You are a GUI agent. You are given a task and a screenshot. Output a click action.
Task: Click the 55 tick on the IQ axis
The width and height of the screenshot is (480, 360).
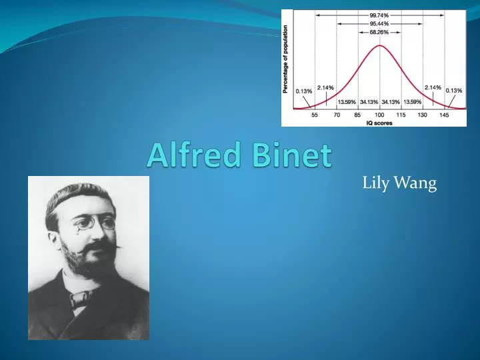[315, 115]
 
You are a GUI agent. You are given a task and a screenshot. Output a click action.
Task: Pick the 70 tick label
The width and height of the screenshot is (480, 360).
[337, 115]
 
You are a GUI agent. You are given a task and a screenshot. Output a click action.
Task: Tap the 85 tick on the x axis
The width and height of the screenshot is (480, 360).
[357, 115]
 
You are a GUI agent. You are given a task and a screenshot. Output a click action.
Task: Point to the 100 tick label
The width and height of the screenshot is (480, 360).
[379, 115]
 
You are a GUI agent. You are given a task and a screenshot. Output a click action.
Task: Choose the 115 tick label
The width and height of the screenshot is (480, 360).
[401, 115]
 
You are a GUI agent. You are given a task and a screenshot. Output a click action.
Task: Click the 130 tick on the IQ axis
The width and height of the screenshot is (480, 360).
[422, 115]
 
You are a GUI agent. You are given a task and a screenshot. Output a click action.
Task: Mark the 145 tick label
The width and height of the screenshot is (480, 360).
[444, 115]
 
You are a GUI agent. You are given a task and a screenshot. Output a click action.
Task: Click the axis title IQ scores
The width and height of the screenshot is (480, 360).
[379, 122]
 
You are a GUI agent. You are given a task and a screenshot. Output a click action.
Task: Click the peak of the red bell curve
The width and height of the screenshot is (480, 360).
[379, 45]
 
